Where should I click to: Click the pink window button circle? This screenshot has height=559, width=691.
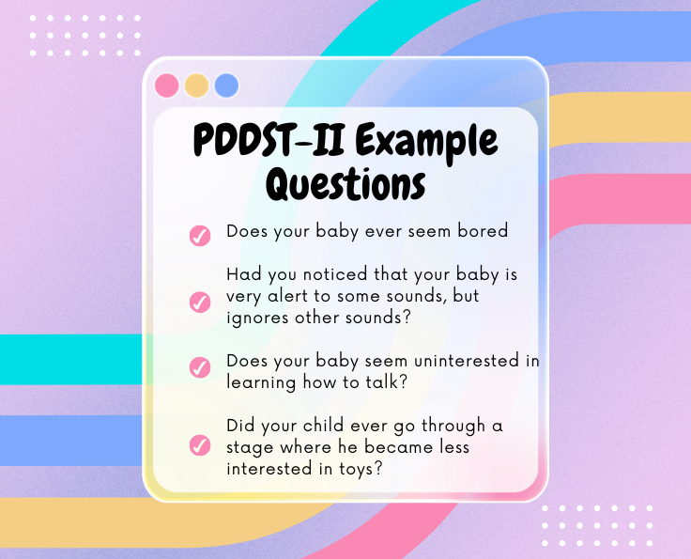(166, 85)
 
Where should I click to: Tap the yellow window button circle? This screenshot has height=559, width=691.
(196, 85)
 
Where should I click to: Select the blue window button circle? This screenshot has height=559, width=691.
(226, 85)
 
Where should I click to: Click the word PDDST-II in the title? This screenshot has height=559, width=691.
(269, 140)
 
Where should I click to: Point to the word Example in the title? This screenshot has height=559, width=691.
(426, 142)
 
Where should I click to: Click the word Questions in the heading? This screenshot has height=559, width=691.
(345, 185)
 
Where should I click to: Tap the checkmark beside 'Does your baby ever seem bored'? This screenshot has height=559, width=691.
(200, 236)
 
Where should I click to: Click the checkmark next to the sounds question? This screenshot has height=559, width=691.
(200, 302)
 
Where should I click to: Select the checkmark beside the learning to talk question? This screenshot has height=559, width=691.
(200, 367)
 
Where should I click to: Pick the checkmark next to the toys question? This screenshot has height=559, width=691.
(200, 444)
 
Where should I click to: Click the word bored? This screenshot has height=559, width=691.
(483, 230)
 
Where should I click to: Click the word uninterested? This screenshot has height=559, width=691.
(468, 361)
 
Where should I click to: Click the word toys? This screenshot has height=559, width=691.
(361, 469)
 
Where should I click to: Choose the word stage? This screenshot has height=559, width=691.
(250, 448)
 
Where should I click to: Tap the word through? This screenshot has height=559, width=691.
(453, 426)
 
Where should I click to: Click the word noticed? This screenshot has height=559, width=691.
(335, 273)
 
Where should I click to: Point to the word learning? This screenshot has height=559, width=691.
(261, 382)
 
